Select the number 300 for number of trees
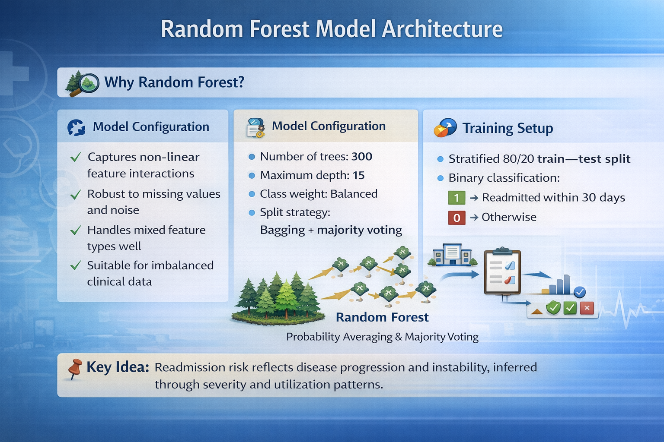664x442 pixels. point(362,156)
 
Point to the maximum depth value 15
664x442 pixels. point(358,175)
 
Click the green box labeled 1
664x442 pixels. point(456,198)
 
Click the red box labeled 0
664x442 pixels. point(456,218)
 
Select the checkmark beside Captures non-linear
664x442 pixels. point(76,157)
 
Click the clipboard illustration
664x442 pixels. point(502,272)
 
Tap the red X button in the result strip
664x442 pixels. point(587,308)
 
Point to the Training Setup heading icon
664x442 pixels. point(445,128)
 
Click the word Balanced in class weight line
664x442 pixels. point(354,194)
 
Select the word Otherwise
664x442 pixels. point(509,217)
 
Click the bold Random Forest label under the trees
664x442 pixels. point(382,317)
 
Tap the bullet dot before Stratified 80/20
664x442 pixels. point(441,159)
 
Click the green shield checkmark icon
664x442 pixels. point(553,308)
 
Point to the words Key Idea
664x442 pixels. point(118,367)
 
